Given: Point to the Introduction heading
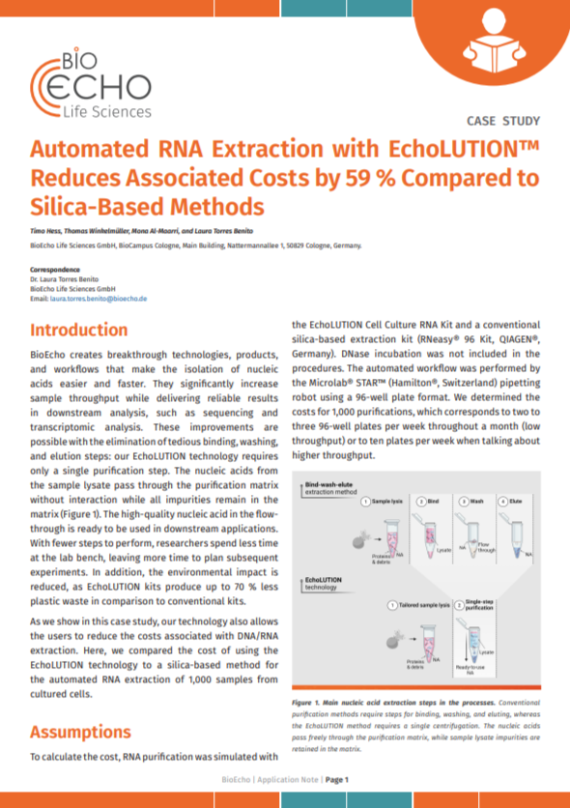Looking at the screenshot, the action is tap(86, 331).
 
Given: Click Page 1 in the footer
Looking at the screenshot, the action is tap(336, 779).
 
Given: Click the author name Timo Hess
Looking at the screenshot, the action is tap(47, 234).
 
